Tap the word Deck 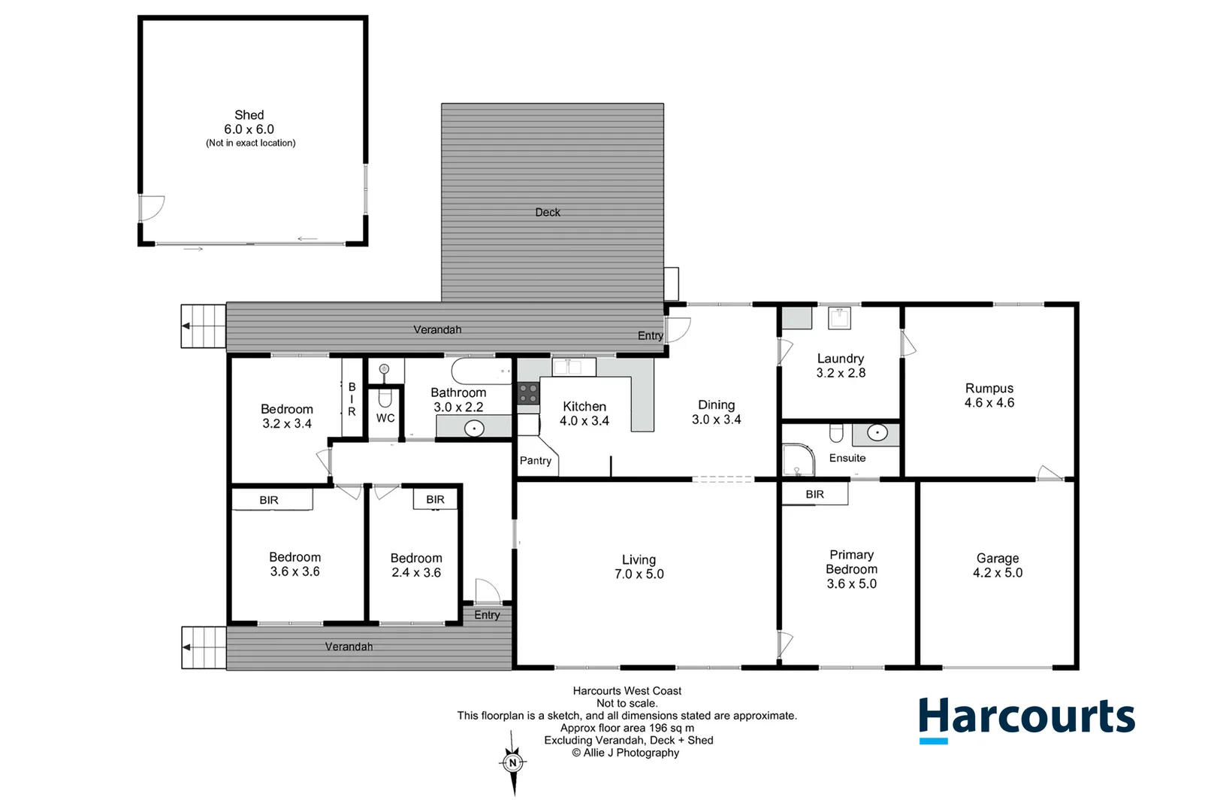tap(548, 213)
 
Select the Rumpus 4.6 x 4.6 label tap(989, 395)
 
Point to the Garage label tap(998, 565)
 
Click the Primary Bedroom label tap(851, 569)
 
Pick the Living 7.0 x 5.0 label tap(639, 567)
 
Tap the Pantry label tap(536, 461)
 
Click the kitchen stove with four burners tap(528, 393)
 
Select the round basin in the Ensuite tap(877, 433)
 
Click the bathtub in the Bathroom tap(482, 371)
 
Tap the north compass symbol tap(513, 763)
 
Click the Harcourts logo tap(1026, 718)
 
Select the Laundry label tap(841, 365)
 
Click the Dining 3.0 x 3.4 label tap(716, 412)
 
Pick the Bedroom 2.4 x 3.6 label tap(416, 565)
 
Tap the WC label tap(385, 418)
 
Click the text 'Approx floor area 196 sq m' tap(627, 728)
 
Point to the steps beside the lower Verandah tap(204, 647)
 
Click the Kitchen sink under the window tap(574, 367)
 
